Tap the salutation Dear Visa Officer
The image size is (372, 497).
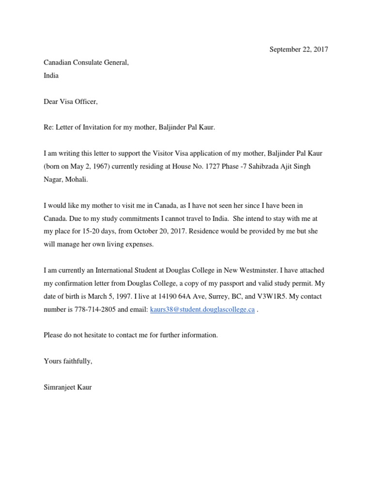[x=71, y=101]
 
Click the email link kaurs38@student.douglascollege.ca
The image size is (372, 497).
[x=202, y=310]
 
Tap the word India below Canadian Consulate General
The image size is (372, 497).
[x=51, y=76]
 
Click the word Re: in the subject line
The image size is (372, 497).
[x=49, y=128]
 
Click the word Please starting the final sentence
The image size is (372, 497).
[x=53, y=335]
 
